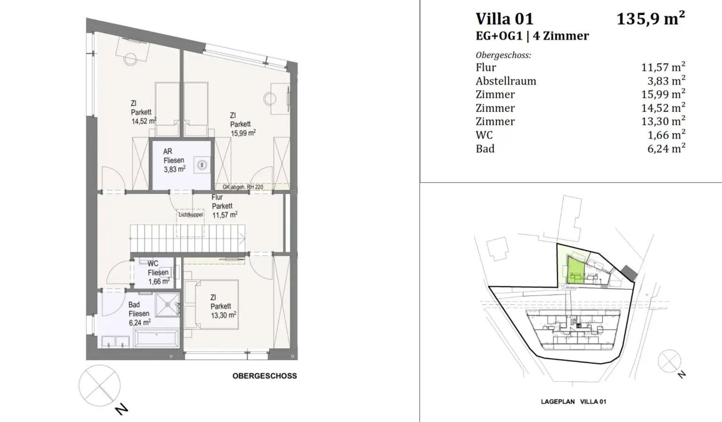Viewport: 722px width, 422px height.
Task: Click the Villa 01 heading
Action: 504,19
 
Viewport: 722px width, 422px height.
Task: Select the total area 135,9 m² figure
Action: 650,19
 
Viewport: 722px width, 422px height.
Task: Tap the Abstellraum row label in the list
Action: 506,81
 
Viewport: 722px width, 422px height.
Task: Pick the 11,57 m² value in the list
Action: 663,67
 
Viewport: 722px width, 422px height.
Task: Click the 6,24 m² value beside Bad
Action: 666,148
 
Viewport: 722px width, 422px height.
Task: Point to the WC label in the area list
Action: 484,135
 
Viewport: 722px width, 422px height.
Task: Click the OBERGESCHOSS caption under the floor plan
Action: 264,376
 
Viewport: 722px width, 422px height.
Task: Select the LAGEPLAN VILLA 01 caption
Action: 573,402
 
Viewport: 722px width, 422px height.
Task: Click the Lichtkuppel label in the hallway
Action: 190,215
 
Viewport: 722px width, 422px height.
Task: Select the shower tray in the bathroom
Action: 167,305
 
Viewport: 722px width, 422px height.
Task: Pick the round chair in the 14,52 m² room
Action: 130,59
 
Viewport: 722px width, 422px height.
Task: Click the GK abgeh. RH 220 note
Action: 243,187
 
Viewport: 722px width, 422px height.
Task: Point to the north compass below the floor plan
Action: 99,386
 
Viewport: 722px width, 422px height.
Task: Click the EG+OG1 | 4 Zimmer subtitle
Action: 532,36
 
